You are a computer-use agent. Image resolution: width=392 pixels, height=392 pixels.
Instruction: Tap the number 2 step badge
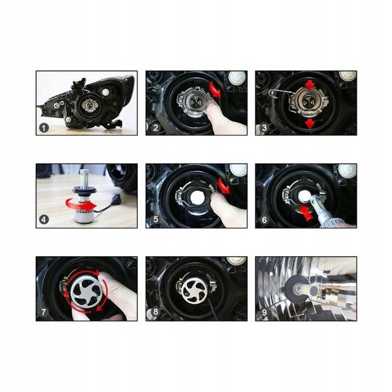[x=155, y=127]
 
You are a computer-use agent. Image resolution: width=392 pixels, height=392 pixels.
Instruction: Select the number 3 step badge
[x=264, y=127]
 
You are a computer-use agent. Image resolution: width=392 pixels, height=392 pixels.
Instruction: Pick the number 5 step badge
[x=155, y=220]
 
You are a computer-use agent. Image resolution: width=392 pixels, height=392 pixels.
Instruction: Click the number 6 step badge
[x=264, y=220]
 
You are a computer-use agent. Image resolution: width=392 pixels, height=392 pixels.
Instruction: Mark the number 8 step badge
[x=155, y=312]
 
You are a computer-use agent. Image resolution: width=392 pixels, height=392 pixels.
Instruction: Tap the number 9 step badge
[x=264, y=312]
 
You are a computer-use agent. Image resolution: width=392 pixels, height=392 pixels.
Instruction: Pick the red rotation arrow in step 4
[x=83, y=208]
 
